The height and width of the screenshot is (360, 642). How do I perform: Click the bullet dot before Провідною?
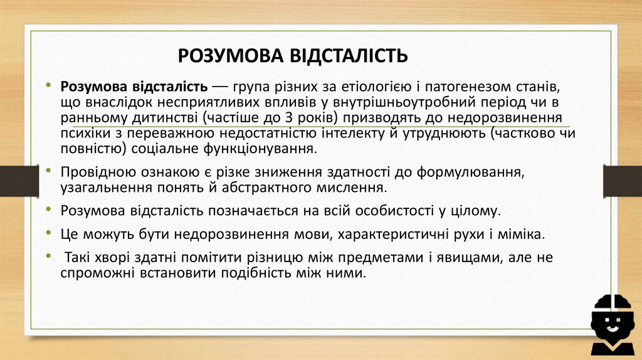click(x=49, y=172)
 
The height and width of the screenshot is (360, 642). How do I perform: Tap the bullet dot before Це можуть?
click(x=49, y=234)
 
